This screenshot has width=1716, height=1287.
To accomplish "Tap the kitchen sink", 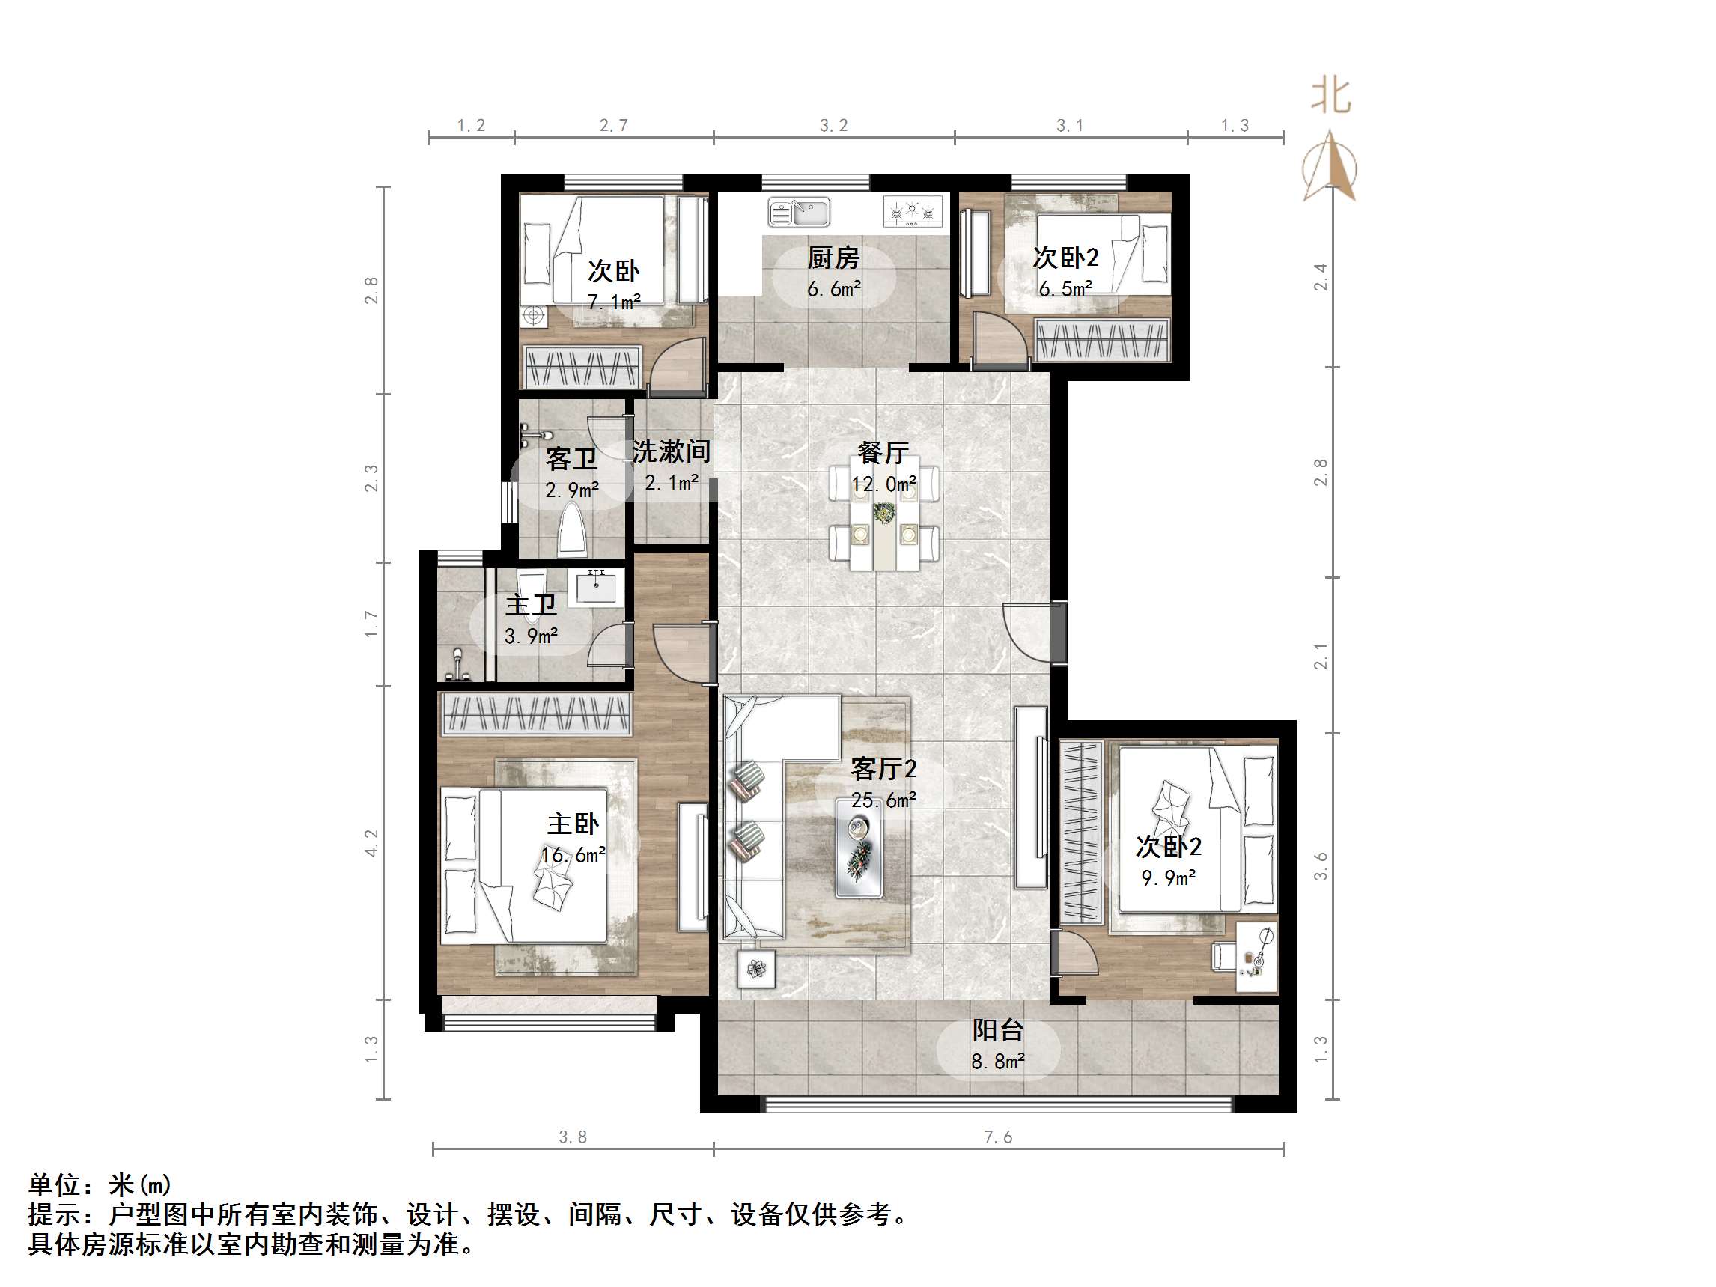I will [799, 212].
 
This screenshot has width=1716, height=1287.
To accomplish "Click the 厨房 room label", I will [833, 258].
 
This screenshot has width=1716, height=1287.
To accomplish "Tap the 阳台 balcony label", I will [998, 1030].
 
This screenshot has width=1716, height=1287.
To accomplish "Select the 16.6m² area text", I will [573, 855].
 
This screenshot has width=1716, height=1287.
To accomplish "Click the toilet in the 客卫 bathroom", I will [573, 529].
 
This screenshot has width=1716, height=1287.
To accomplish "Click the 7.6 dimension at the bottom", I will [998, 1137].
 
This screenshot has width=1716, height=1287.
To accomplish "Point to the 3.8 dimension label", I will [573, 1137].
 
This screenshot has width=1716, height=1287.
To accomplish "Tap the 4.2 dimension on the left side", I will [372, 843].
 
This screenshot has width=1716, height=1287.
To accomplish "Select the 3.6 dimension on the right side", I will [1321, 865].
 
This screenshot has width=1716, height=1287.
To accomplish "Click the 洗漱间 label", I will [671, 451].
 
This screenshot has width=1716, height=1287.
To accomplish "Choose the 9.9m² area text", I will [1167, 877].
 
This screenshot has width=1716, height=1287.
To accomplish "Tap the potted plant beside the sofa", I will [756, 969].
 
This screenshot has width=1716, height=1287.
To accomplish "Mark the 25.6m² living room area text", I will [883, 800].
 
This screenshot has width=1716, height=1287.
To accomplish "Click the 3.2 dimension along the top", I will [834, 126].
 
